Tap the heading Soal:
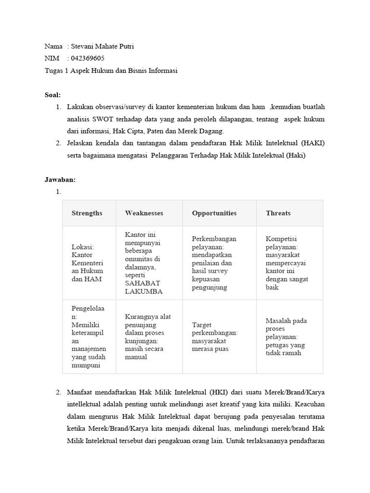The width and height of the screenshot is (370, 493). coord(53,95)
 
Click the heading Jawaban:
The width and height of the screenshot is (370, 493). coord(60,180)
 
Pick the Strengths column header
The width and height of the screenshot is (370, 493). coord(87,213)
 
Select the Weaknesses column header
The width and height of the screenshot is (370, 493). coord(144,213)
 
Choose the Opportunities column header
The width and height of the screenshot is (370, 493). coord(214,213)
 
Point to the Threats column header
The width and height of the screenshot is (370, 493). coord(278,213)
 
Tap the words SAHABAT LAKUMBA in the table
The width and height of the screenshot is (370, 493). coord(144,287)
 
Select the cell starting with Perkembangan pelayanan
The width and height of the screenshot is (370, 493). coord(214,263)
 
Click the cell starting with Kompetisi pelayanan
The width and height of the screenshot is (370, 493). coord(287,263)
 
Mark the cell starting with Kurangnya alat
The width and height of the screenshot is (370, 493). coord(147,337)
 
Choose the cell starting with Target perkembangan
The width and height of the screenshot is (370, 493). coord(214,337)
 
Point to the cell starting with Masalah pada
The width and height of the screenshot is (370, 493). coord(286,337)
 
